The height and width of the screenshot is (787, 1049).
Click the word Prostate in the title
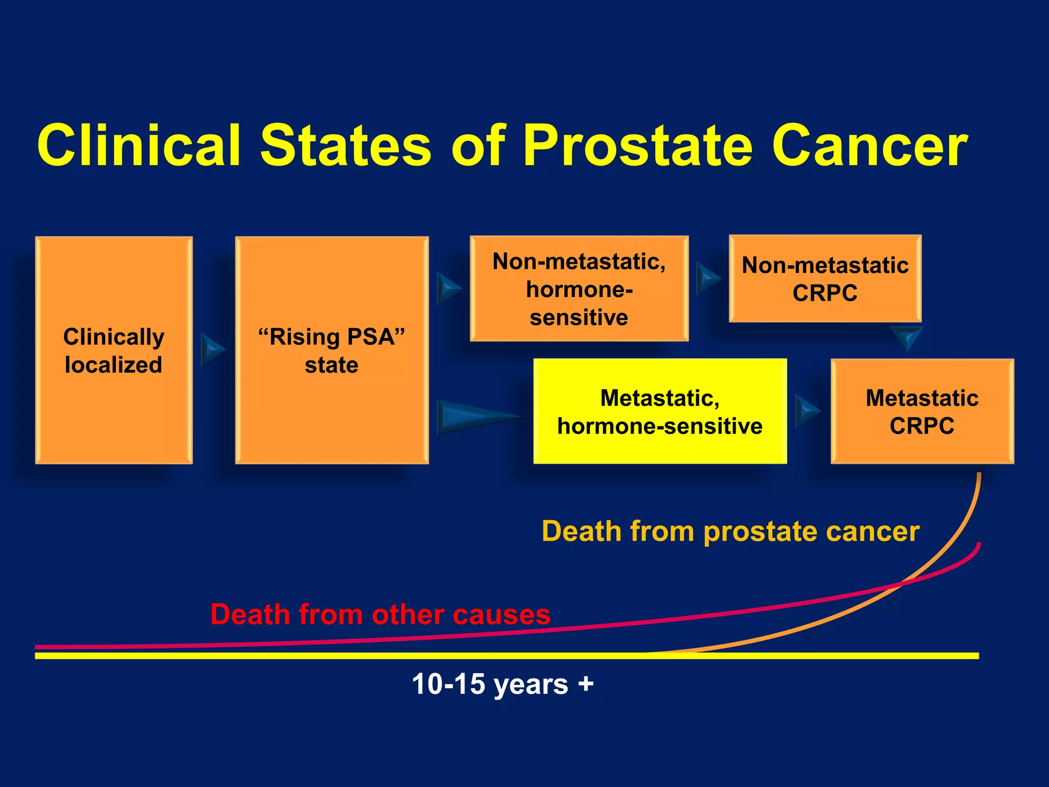[x=637, y=146]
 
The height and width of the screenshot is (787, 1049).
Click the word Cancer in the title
[x=870, y=146]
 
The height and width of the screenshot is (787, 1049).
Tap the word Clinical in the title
[x=138, y=146]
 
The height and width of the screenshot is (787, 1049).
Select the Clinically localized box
[x=114, y=350]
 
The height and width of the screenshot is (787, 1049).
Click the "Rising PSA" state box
[x=331, y=350]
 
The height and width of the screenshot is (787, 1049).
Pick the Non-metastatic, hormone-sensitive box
[x=579, y=289]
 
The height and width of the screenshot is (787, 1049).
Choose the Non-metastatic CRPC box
[x=825, y=279]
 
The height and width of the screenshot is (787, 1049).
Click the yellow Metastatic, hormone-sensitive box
[x=660, y=411]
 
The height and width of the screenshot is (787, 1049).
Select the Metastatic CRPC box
[x=922, y=411]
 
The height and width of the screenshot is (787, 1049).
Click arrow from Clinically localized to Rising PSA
[x=212, y=350]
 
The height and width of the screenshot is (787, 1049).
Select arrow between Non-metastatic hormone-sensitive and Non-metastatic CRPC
[x=707, y=278]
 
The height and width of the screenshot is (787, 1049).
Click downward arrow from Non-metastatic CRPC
[x=907, y=337]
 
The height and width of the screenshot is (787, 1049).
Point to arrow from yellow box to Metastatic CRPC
[x=806, y=411]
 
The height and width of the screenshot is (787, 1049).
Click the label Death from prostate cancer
[x=730, y=531]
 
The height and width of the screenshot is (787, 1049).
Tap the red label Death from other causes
[x=380, y=614]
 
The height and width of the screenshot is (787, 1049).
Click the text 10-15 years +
[x=502, y=684]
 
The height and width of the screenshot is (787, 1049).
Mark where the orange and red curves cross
[x=903, y=583]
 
